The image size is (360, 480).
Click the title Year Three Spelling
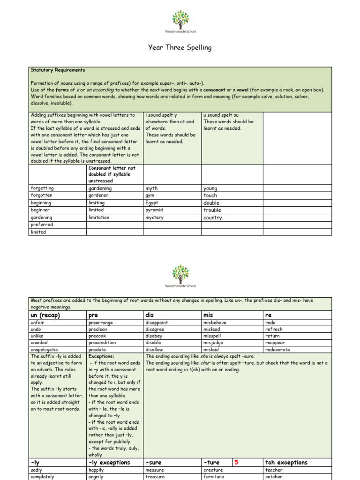click(x=180, y=47)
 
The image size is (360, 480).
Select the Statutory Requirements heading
click(x=58, y=70)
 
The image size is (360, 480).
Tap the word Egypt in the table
click(x=152, y=203)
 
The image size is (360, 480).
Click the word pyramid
click(x=154, y=210)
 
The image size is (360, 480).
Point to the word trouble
click(x=212, y=210)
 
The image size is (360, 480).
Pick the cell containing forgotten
click(x=42, y=195)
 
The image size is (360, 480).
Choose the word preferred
click(x=42, y=225)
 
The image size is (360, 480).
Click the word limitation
click(x=99, y=217)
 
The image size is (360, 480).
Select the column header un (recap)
click(x=45, y=315)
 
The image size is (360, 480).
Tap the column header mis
click(x=208, y=315)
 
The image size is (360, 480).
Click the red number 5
click(x=236, y=462)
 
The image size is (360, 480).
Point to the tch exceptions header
click(x=286, y=463)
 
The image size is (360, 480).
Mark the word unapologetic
click(x=45, y=349)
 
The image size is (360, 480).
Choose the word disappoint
click(x=157, y=322)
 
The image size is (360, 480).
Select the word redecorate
click(x=277, y=349)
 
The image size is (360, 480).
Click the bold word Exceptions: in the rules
click(x=101, y=356)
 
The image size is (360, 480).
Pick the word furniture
click(x=214, y=477)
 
